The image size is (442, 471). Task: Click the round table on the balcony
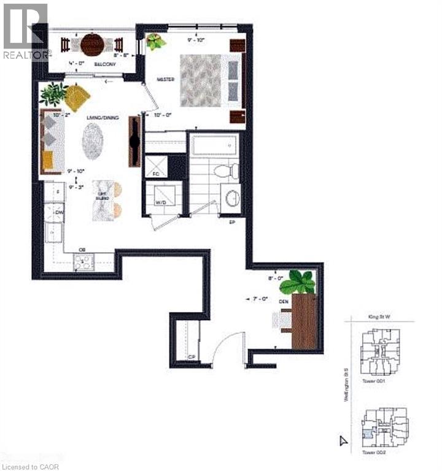92,44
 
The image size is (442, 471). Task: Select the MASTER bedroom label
165,80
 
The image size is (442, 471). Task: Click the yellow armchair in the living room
77,97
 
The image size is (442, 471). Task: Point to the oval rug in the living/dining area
93,140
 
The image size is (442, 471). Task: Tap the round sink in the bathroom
232,197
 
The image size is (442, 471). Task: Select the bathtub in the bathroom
214,146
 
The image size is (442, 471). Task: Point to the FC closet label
155,174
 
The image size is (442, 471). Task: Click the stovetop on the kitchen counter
83,262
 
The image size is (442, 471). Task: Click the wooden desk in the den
304,321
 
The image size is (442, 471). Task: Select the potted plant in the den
301,281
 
